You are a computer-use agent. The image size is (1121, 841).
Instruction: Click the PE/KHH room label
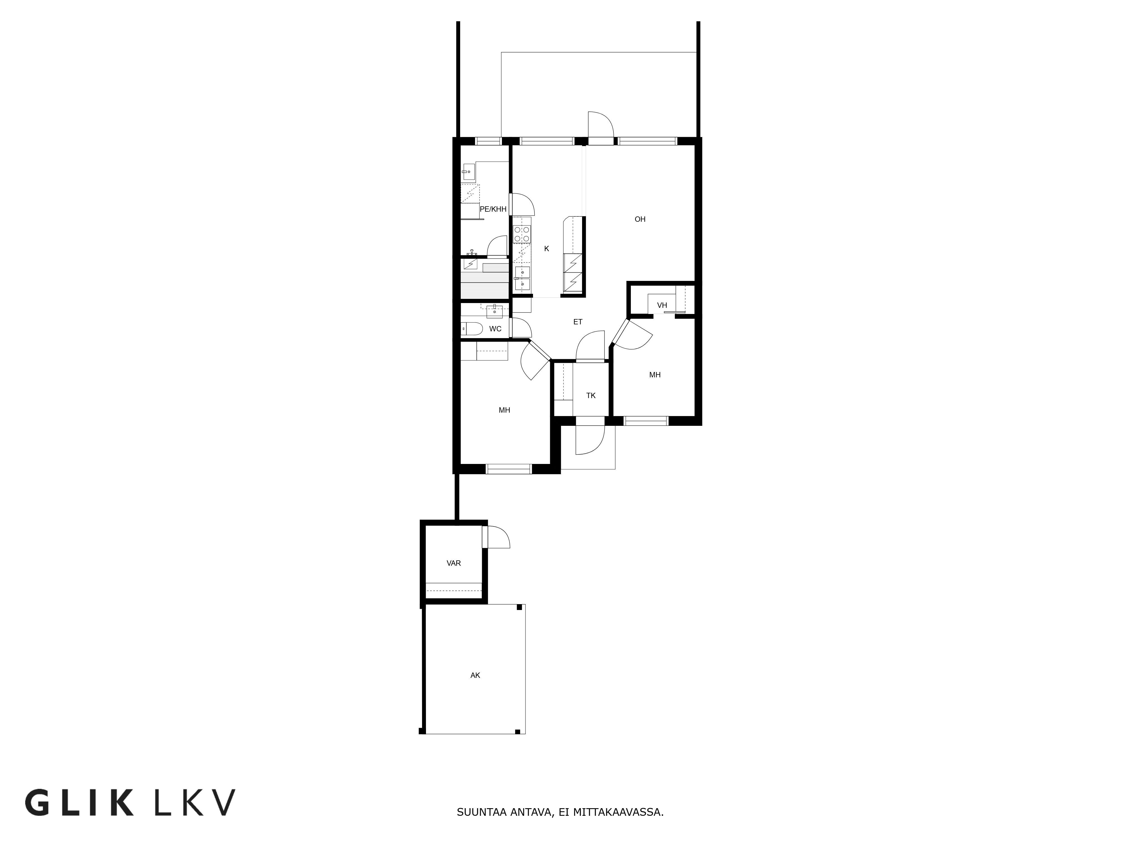pos(493,209)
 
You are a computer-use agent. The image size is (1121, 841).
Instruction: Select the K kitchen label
pos(546,248)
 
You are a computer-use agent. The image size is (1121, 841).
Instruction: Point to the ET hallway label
pos(578,321)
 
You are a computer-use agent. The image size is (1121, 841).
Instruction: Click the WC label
pos(495,329)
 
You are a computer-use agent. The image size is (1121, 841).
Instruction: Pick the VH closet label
pos(662,305)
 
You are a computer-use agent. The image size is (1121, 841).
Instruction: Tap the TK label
pos(591,395)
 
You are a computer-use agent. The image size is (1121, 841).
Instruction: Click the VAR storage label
pos(453,563)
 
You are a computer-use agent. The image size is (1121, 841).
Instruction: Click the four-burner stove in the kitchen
pos(522,234)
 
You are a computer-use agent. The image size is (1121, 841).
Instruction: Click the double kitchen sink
pos(522,278)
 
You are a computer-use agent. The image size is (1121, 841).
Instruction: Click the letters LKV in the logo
pos(194,802)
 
